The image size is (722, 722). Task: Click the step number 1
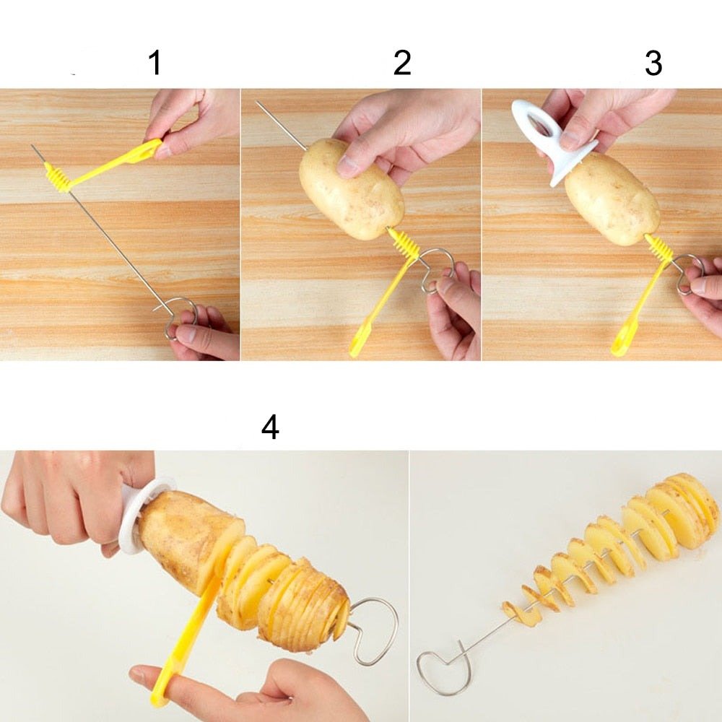point(156,63)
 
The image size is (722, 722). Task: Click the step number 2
point(402,63)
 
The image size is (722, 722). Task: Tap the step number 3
point(653,63)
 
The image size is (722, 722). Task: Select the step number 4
point(270,427)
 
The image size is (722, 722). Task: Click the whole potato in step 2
point(352,189)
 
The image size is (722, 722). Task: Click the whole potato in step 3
point(612,199)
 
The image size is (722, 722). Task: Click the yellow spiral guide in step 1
point(58,178)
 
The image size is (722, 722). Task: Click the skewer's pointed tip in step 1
point(32,146)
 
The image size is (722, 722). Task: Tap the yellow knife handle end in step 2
point(357,344)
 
